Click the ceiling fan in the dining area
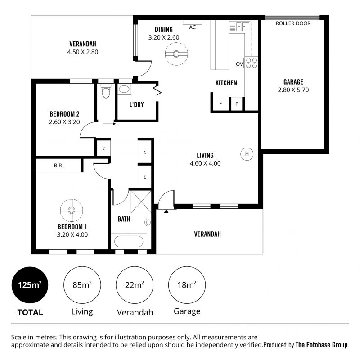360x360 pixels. coord(176,54)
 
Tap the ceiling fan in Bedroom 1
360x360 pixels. coord(72,210)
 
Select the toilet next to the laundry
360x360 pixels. coord(106,91)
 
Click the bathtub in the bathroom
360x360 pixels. coord(129,241)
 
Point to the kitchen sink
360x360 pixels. coord(239,27)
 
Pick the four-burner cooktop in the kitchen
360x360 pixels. coord(252,63)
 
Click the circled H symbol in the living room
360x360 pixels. coord(247,154)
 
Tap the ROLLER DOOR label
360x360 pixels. coord(293,23)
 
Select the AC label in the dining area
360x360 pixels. coord(193,27)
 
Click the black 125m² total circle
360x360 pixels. coord(30,285)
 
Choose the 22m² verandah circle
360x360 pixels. coord(135,285)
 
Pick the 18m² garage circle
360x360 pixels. coord(187,285)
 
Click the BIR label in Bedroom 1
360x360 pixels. coord(58,166)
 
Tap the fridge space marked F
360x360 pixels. coord(220,104)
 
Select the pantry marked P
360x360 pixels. coord(237,104)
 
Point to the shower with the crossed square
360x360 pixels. coord(141,202)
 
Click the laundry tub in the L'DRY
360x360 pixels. coord(124,89)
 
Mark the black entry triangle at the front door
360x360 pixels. coord(166,211)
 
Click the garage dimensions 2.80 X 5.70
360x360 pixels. coord(293,90)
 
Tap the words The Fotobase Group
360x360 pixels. coord(321,345)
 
